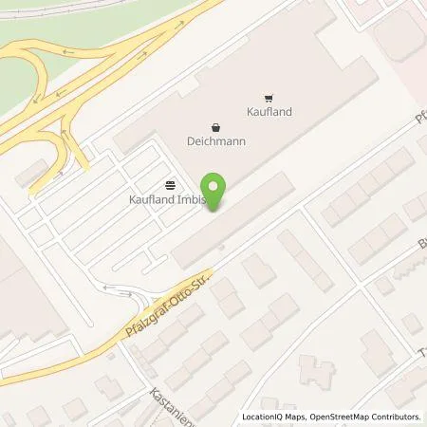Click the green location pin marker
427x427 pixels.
click(215, 191)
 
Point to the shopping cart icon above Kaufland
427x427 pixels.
click(270, 96)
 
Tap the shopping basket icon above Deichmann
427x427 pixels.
click(215, 128)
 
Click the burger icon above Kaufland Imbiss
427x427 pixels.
click(170, 184)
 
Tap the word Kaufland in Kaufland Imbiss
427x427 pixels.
click(153, 200)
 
